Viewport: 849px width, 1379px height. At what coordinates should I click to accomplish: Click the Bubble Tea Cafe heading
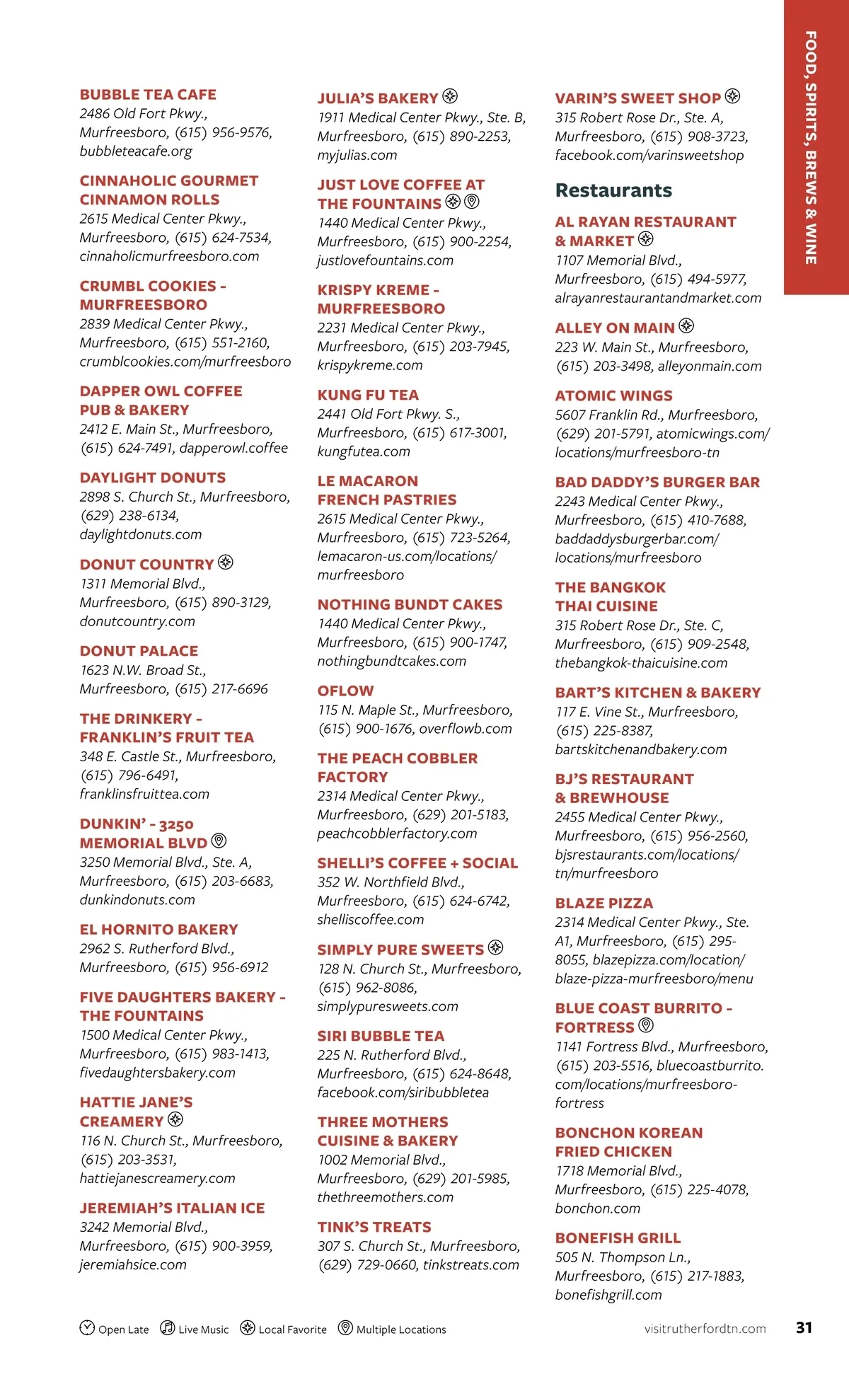tap(148, 95)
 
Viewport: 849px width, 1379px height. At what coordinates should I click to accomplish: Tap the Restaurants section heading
tap(613, 190)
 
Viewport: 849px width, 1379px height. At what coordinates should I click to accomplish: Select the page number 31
tap(804, 1327)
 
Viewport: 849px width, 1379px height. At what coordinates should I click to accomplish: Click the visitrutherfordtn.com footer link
tap(705, 1329)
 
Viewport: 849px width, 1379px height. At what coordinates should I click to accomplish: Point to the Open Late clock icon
tap(87, 1327)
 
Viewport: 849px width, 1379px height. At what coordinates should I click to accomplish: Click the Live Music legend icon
tap(168, 1327)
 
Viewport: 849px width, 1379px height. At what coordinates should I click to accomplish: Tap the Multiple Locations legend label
tap(401, 1329)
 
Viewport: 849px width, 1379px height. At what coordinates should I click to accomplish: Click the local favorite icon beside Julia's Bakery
tap(450, 96)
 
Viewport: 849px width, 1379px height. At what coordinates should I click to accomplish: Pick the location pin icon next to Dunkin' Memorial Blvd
tap(219, 841)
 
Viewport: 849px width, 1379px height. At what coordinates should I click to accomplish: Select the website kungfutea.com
tap(364, 451)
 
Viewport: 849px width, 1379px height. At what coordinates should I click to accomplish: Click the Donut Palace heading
tap(139, 651)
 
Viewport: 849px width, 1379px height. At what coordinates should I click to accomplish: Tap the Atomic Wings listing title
tap(613, 396)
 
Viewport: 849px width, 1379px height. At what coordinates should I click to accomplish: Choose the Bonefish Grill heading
tap(618, 1238)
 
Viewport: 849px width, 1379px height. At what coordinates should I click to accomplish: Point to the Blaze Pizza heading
tap(603, 904)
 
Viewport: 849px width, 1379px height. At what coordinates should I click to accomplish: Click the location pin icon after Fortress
tap(645, 1025)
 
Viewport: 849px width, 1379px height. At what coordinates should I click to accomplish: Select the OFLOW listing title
tap(345, 691)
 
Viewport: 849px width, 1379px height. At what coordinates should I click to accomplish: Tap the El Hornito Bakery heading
tap(158, 930)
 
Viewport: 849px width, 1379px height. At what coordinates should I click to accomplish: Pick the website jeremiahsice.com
tap(133, 1265)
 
